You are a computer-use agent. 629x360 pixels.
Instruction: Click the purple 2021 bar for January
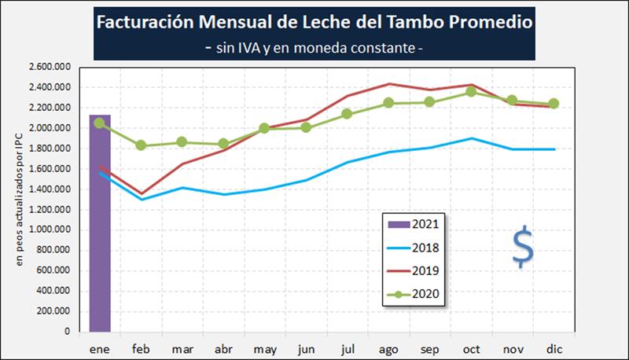point(99,224)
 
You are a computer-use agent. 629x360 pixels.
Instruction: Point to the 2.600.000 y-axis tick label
point(48,67)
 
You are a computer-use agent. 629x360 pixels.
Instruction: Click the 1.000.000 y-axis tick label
point(48,230)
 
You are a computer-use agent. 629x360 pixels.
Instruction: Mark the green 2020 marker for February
point(141,145)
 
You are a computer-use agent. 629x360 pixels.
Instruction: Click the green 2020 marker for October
point(471,92)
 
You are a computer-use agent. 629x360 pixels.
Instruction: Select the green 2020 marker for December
point(554,104)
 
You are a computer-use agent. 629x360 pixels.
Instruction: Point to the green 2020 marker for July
point(348,114)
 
